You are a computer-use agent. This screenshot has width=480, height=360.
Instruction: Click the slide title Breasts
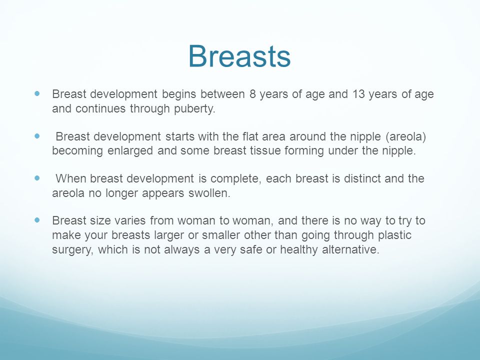point(239,56)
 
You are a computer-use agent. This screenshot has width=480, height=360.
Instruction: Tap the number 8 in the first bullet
point(252,94)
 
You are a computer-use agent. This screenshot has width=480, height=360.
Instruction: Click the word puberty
point(194,109)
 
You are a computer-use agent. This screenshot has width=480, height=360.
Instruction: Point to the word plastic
point(394,235)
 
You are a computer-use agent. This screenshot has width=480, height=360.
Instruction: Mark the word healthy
point(299,250)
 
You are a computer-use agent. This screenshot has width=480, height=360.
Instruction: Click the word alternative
point(351,249)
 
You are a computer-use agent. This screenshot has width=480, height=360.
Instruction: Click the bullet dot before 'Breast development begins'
point(37,93)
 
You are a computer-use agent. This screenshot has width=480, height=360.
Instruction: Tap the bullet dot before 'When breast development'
point(37,178)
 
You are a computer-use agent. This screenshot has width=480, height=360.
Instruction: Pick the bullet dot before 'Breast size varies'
point(37,220)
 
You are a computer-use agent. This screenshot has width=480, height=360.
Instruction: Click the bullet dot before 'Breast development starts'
point(37,136)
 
